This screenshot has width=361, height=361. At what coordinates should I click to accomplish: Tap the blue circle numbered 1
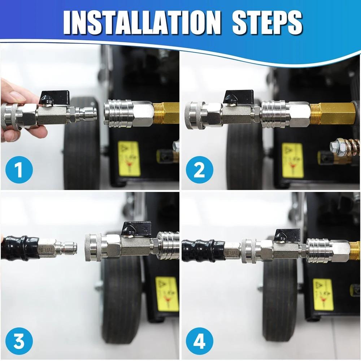[19, 170]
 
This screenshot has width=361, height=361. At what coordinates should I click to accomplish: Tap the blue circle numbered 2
[199, 170]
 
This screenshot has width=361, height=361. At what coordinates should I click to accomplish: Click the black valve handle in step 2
[238, 96]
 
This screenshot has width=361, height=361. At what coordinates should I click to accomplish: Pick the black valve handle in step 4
[287, 235]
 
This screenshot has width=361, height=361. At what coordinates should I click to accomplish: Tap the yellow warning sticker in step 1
[129, 159]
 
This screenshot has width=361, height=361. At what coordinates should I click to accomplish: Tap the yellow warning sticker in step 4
[323, 295]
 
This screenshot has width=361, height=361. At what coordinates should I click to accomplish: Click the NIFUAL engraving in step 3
[47, 249]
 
